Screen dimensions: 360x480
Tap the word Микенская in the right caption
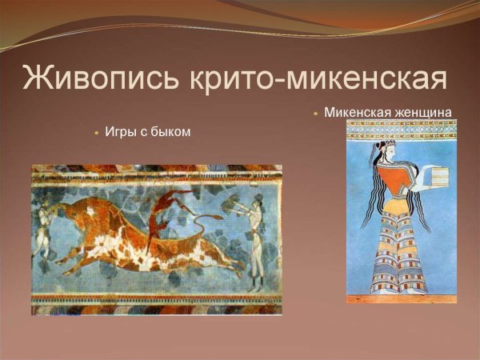[357, 112]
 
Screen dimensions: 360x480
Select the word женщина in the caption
[423, 112]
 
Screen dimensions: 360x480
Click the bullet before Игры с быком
[97, 132]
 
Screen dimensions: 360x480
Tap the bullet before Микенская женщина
[316, 113]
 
